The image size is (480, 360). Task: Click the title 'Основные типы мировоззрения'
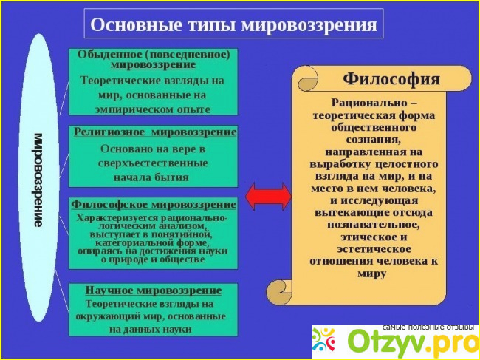click(x=233, y=24)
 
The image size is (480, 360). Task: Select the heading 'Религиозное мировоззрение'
click(x=155, y=132)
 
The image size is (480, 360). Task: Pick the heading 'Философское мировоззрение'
click(x=154, y=204)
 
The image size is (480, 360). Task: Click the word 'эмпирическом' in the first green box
click(x=131, y=109)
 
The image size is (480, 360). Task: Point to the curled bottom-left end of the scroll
click(x=278, y=290)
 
